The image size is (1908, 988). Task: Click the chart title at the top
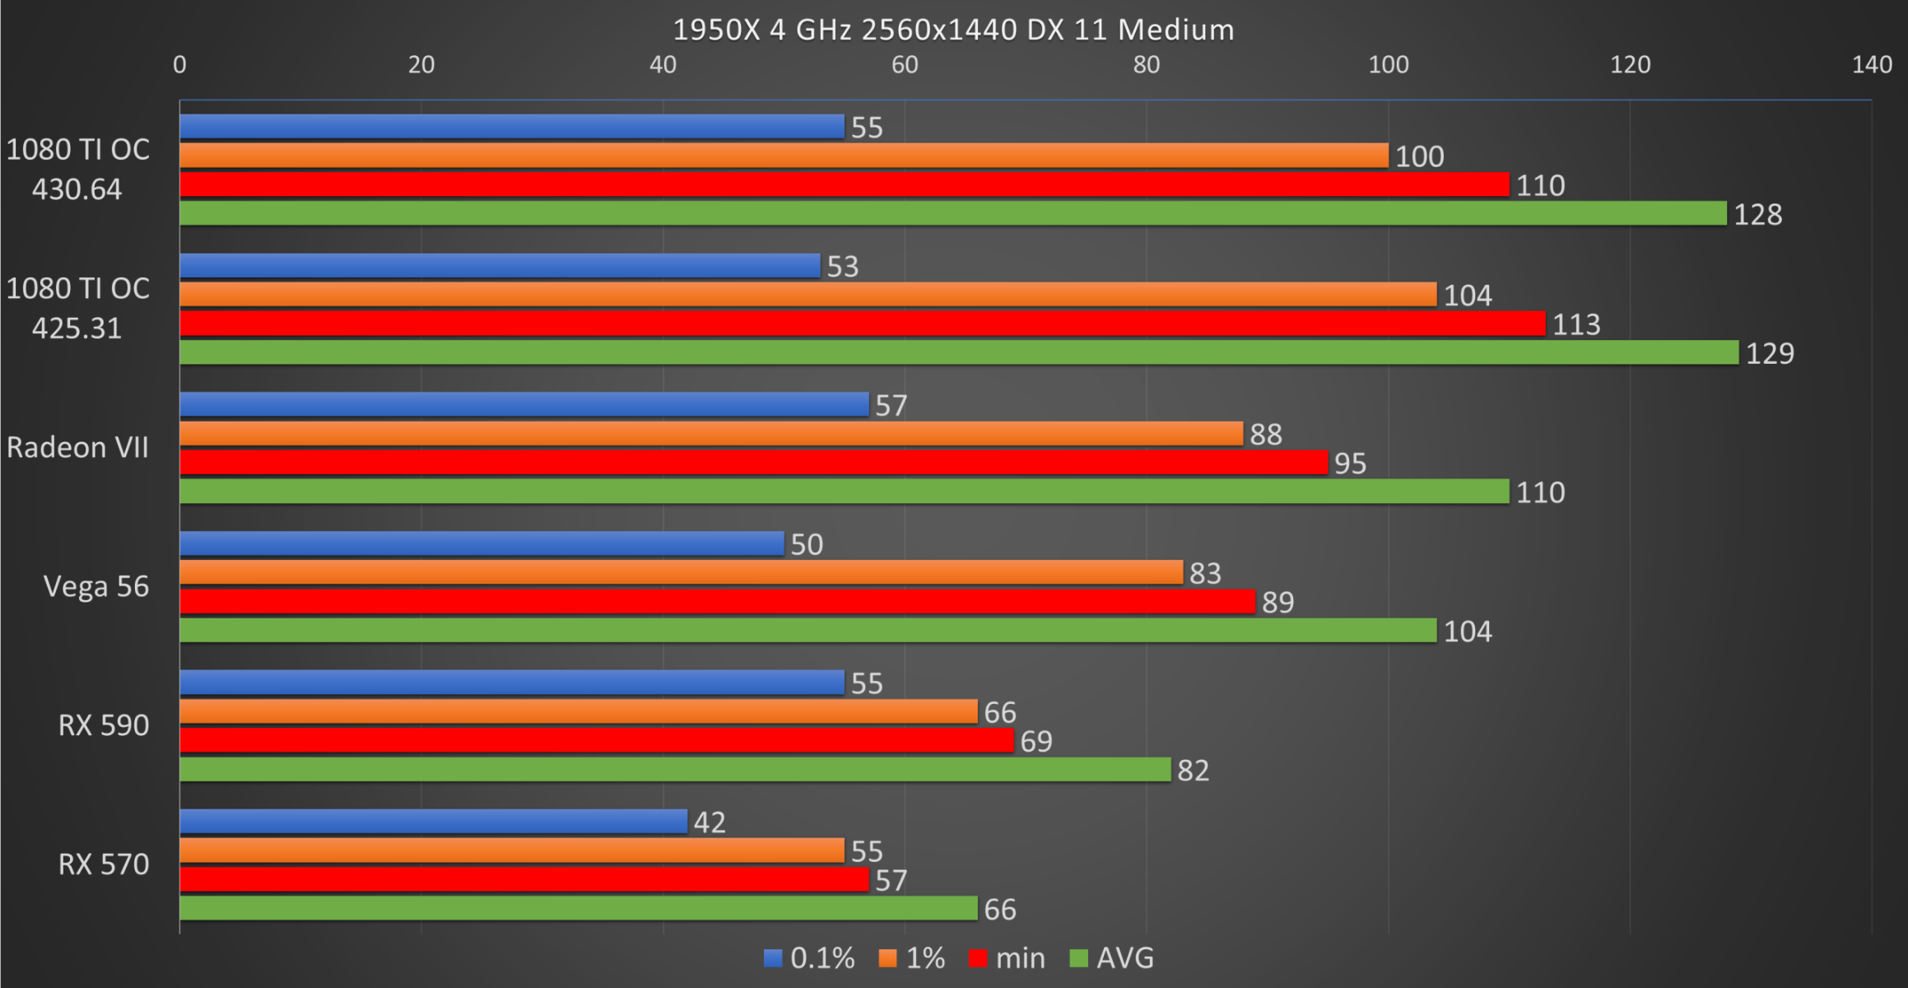point(953,30)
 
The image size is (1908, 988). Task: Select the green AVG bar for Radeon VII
point(844,492)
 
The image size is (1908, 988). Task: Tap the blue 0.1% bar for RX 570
point(433,822)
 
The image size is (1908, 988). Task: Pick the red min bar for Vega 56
point(717,602)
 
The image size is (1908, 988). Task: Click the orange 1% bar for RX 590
point(578,711)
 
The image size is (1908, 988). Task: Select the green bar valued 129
point(959,352)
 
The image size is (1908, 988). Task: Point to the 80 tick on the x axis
point(1146,64)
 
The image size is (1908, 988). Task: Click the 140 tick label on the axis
point(1871,64)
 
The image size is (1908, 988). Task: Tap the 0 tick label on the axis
point(179,64)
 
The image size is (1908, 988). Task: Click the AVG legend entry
point(1112,958)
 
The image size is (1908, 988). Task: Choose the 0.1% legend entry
point(809,958)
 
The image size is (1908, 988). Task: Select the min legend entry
point(1008,958)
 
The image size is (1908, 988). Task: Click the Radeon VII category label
point(78,447)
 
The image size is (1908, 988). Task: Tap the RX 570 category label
point(104,864)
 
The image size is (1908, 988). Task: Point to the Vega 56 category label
point(96,586)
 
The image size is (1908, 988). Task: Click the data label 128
point(1757,214)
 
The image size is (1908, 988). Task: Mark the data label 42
point(710,823)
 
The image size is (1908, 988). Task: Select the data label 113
point(1575,324)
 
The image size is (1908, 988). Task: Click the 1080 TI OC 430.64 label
point(78,169)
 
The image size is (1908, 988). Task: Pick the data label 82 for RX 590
point(1193,771)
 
